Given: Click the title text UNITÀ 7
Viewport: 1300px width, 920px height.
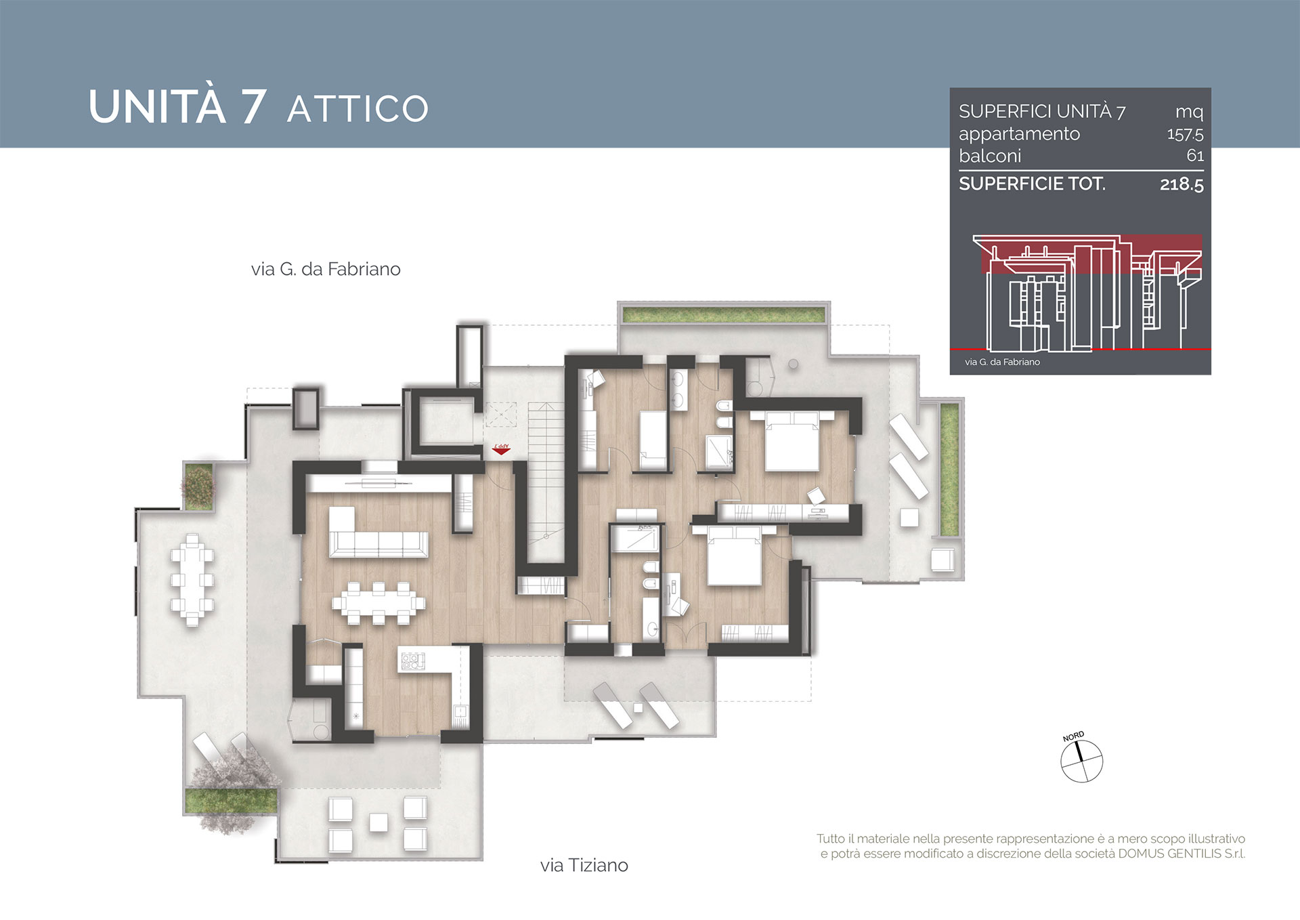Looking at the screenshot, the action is click(x=177, y=106).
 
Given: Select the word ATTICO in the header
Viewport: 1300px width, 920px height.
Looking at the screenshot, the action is click(x=358, y=109).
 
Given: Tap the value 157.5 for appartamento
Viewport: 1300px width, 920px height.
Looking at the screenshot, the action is click(x=1185, y=134).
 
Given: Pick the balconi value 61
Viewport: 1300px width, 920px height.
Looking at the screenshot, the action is click(x=1195, y=156).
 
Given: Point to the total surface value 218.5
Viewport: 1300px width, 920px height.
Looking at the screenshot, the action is click(x=1182, y=184).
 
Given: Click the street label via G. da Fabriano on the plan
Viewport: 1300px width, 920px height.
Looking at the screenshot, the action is click(x=326, y=270).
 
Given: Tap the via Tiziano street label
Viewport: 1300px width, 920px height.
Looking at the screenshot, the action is click(x=584, y=865).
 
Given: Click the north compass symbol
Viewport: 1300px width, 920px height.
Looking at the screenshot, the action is click(x=1081, y=759).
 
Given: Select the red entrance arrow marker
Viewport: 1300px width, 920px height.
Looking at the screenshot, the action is click(x=501, y=448).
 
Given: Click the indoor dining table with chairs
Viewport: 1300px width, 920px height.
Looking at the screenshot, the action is click(x=378, y=602).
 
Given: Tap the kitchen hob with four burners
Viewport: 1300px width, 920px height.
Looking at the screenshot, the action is click(x=412, y=661).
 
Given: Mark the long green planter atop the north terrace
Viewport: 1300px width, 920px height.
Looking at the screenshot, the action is click(x=724, y=314).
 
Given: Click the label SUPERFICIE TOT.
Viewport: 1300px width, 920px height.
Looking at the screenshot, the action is click(x=1032, y=184).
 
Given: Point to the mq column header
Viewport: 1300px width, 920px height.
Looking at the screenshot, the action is click(x=1189, y=112).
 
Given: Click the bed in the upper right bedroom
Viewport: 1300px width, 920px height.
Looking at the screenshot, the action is click(x=792, y=441).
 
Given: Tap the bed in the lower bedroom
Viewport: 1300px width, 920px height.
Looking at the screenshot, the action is click(x=735, y=556).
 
